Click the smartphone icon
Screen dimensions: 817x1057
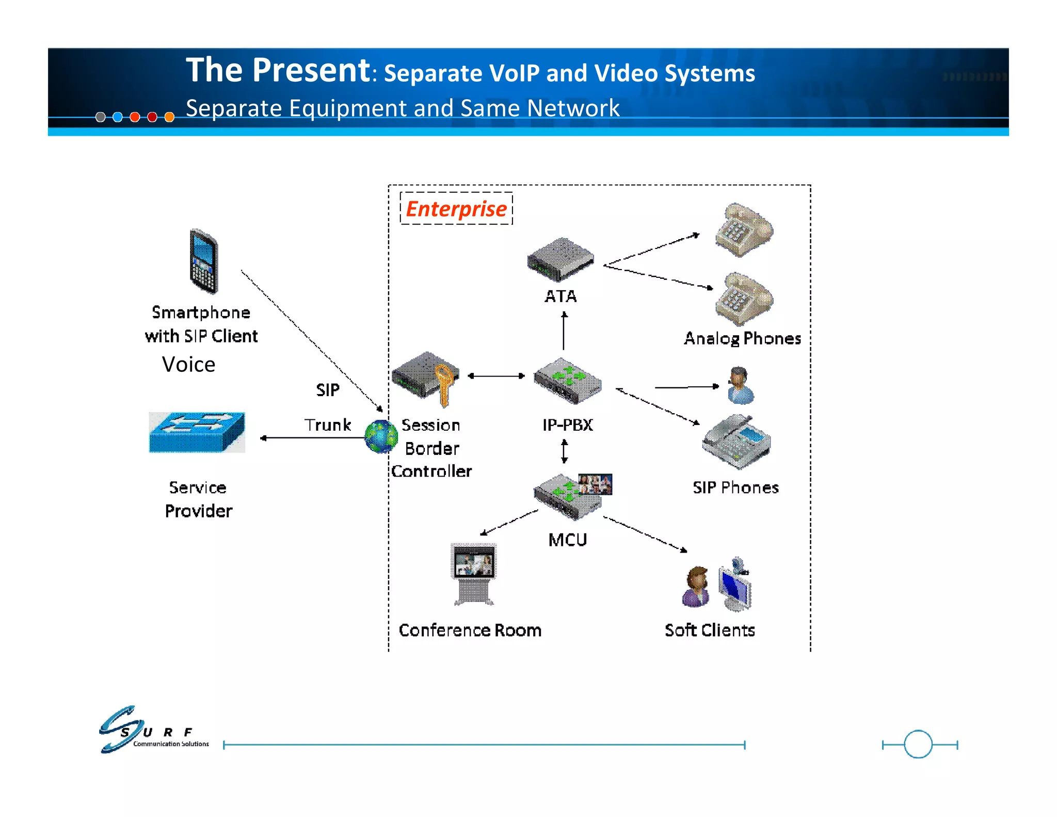(x=204, y=261)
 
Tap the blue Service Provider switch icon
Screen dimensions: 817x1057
(x=197, y=432)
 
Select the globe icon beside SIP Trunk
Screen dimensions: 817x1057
(x=380, y=436)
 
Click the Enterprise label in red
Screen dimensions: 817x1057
(x=456, y=209)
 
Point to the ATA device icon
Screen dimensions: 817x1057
(x=560, y=259)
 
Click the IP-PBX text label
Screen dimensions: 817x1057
(x=567, y=425)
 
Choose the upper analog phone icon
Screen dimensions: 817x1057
(x=744, y=230)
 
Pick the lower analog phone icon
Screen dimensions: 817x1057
(x=744, y=300)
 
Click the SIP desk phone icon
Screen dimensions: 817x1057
(x=736, y=442)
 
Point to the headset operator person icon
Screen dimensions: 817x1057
(x=740, y=386)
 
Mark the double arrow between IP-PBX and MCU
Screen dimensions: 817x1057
(x=565, y=451)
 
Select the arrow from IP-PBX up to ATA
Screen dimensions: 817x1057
(x=564, y=331)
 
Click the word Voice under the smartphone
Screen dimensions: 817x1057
(x=188, y=364)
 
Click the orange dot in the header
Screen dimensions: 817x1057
(x=169, y=117)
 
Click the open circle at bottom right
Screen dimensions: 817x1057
(x=918, y=744)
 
